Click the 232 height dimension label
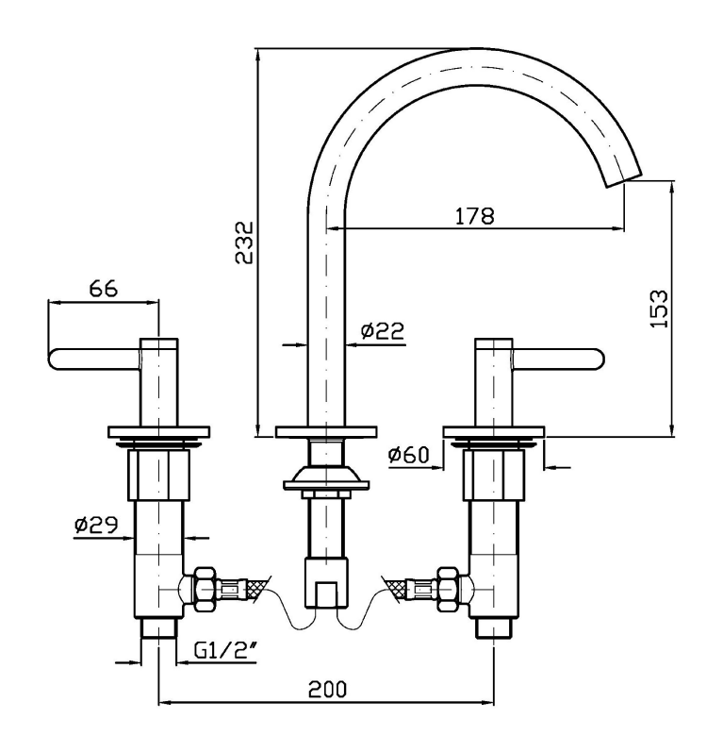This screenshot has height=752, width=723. [x=243, y=244]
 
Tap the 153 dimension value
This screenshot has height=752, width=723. [x=659, y=308]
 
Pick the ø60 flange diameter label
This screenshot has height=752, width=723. [x=408, y=456]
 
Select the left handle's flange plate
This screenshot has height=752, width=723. [x=157, y=434]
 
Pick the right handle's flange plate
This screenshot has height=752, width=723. [x=496, y=434]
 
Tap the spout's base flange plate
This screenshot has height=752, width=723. [x=326, y=434]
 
